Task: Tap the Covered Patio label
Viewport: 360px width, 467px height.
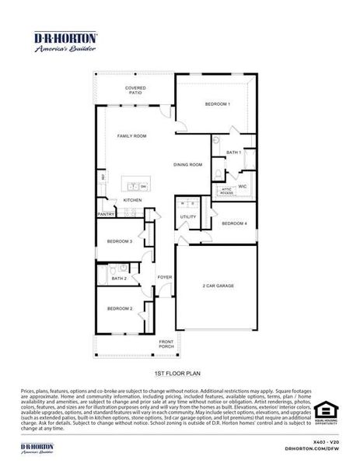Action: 135,90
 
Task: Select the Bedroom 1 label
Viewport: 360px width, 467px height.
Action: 217,104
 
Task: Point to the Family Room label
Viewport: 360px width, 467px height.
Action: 131,136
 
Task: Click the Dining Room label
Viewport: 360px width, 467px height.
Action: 187,164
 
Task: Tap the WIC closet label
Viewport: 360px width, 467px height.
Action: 242,186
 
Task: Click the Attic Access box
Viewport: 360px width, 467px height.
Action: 226,190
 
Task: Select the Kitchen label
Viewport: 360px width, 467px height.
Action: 132,200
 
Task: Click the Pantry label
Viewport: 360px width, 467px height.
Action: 106,214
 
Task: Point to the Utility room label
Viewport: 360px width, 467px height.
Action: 188,216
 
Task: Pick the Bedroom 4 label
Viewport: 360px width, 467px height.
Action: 234,223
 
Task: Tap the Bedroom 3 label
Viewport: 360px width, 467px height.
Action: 120,241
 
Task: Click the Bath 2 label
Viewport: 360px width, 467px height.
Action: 119,278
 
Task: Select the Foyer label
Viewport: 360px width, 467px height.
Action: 165,277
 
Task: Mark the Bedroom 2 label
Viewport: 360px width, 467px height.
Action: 120,309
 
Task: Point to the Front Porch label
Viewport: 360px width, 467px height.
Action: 166,344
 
